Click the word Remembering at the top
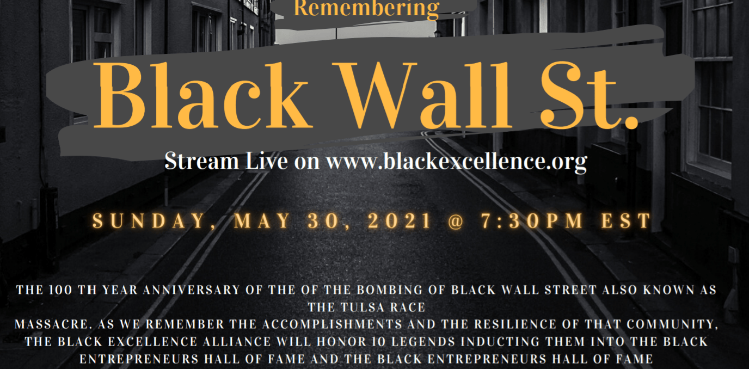366,8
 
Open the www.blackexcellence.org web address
456,162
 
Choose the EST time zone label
630,221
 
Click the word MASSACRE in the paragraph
47,325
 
